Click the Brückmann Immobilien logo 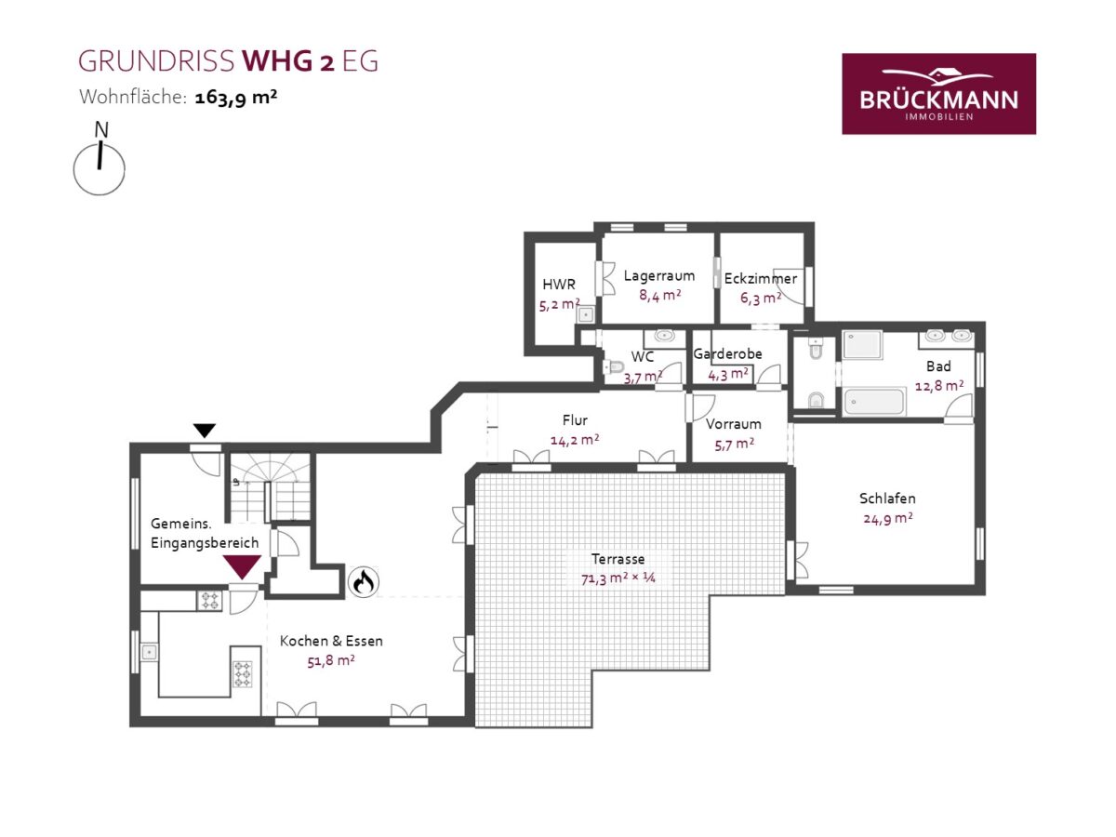coord(938,94)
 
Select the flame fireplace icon coord(363,582)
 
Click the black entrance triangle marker coord(205,431)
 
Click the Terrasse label coord(618,559)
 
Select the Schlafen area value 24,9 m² coord(888,519)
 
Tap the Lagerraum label coord(659,275)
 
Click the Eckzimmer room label coord(761,278)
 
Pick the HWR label coord(559,284)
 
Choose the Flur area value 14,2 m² coord(575,440)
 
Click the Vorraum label coord(733,424)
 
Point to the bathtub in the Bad coord(874,402)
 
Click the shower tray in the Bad coord(862,344)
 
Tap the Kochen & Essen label coord(331,641)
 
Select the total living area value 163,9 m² coord(236,97)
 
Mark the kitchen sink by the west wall coord(149,652)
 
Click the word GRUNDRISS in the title coord(156,61)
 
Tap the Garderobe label coord(727,353)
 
